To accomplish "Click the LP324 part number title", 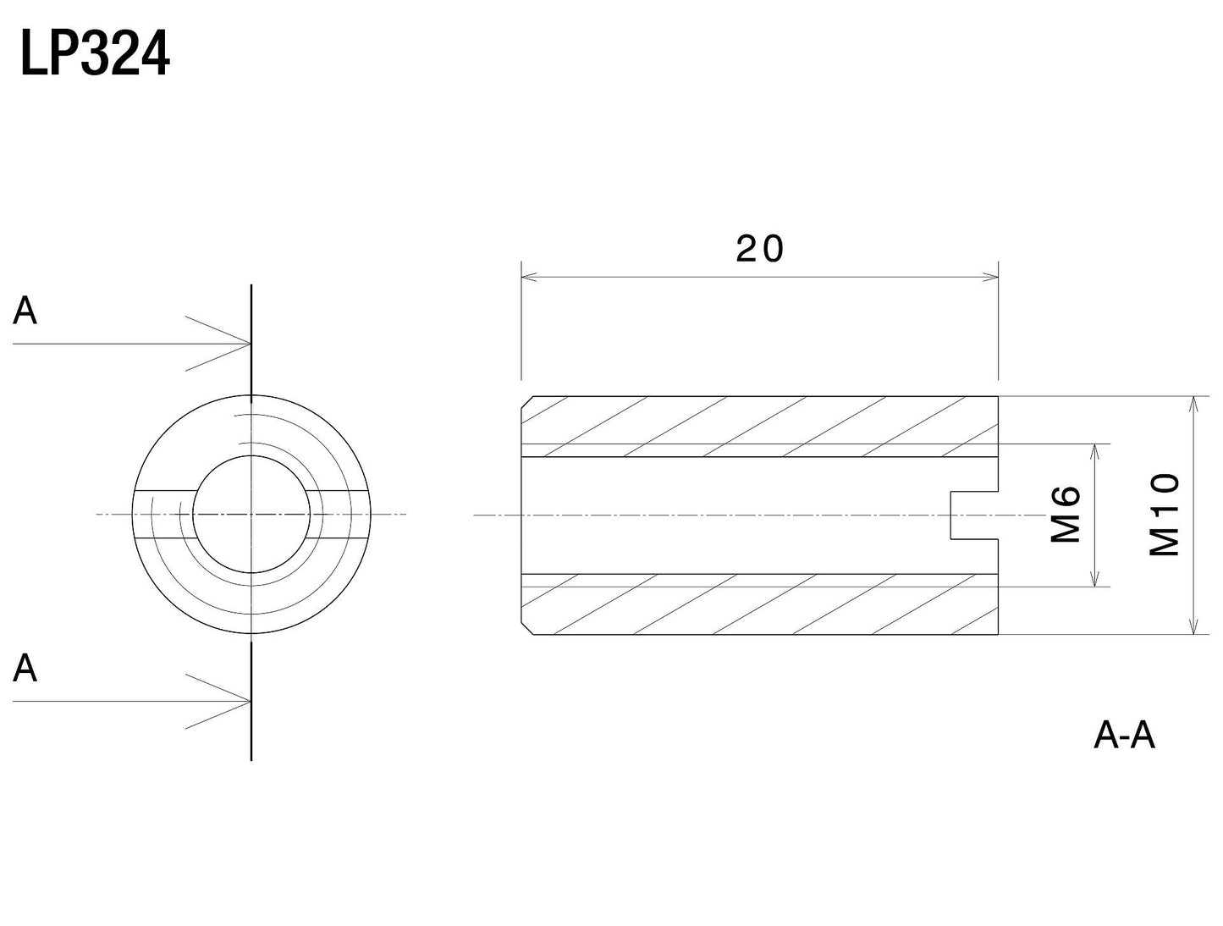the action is coord(95,53).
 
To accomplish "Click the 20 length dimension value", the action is coord(759,249).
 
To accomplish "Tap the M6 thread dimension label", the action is coord(1066,515).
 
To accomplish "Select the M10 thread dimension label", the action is coord(1164,515).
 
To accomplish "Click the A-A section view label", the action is coord(1124,736).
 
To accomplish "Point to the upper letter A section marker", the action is coord(25,311).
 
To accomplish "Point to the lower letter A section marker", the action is coord(25,668).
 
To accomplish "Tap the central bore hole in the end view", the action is coord(251,515).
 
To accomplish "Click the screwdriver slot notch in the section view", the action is coord(974,515).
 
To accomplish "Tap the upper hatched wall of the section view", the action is coord(759,427).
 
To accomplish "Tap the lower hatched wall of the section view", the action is coord(759,604).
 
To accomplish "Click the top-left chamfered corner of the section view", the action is coord(527,402).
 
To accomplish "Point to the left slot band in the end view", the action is coord(164,515).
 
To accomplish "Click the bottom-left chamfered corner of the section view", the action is coord(527,630).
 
